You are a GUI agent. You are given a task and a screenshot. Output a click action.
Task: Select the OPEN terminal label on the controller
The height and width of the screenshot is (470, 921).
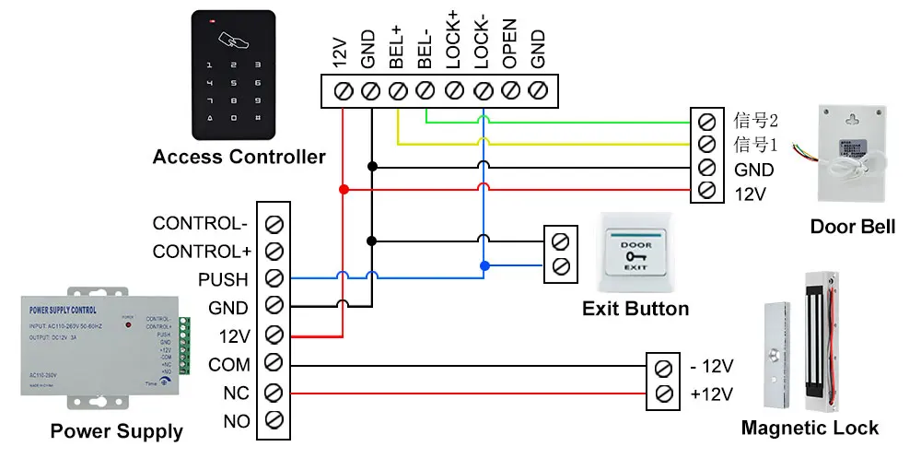[x=509, y=45]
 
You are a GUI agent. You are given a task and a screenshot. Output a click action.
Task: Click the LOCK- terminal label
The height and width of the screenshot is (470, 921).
[x=481, y=45]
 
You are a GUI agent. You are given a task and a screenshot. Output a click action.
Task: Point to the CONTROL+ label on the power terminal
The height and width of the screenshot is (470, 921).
[x=202, y=251]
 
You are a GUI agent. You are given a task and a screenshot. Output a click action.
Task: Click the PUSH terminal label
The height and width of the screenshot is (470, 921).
[x=223, y=279]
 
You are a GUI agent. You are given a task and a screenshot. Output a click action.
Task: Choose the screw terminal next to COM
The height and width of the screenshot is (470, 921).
[x=274, y=364]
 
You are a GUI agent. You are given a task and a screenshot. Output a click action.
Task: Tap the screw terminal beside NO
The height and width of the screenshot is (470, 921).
[x=274, y=421]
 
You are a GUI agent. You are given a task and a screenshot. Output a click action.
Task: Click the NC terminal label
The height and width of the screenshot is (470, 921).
[x=236, y=394]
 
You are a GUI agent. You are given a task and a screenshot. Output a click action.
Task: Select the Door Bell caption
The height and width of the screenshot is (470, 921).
[x=852, y=227]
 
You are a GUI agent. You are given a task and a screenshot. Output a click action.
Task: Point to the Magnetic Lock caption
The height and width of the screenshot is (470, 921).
[x=810, y=428]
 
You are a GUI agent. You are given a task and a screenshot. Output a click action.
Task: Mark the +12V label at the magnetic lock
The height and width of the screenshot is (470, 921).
[x=711, y=394]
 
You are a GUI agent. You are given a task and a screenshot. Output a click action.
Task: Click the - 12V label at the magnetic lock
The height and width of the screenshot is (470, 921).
[x=711, y=366]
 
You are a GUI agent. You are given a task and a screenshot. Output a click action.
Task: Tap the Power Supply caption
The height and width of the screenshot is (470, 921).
[x=116, y=430]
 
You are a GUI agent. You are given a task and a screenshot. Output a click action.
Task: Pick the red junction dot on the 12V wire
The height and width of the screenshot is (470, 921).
[x=343, y=189]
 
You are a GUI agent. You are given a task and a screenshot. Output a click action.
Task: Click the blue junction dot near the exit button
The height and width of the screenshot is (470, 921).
[x=482, y=265]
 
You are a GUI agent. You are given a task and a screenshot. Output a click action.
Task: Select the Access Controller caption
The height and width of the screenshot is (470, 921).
[x=239, y=157]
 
